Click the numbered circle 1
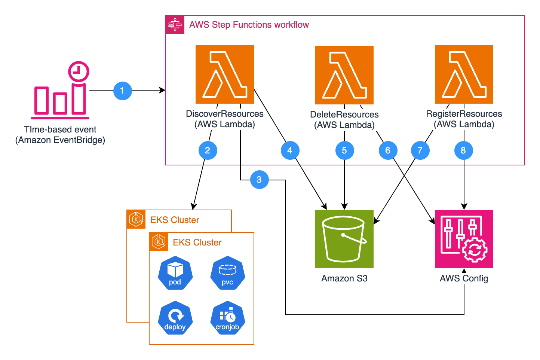point(123,91)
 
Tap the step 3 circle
point(259,180)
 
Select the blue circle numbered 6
point(388,150)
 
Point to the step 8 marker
point(463,150)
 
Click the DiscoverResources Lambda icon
point(225,74)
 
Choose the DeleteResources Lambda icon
point(344,75)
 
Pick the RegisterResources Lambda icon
point(464,74)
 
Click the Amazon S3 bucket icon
point(344,239)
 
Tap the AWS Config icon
point(464,239)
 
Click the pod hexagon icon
point(175,273)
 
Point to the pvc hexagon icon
point(227,273)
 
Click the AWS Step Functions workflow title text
point(249,25)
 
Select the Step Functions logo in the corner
point(175,25)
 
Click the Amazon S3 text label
point(344,278)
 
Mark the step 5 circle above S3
point(344,150)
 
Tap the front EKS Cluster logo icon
point(159,242)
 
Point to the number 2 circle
point(208,150)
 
